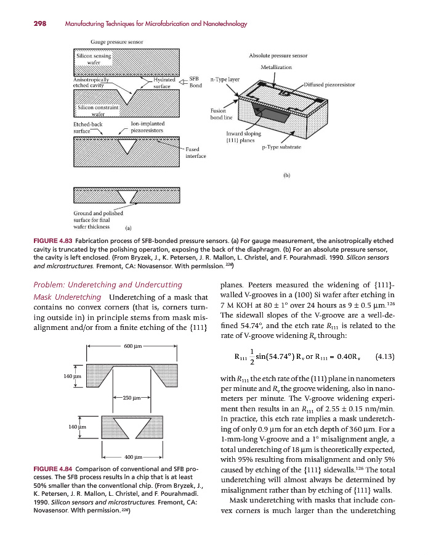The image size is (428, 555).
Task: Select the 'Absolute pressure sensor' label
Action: [x=278, y=55]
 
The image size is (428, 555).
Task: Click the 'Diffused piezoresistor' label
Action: [x=329, y=84]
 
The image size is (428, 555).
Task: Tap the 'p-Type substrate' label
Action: [x=281, y=147]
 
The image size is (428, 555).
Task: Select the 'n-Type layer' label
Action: [x=224, y=79]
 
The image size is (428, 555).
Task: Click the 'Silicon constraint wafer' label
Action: [x=97, y=111]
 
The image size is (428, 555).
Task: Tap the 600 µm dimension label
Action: [x=134, y=345]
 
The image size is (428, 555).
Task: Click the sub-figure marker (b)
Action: [x=287, y=175]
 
